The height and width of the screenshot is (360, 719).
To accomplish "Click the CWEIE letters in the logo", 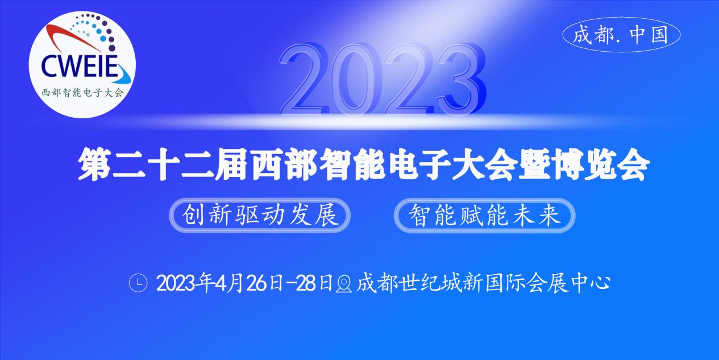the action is pyautogui.click(x=80, y=66).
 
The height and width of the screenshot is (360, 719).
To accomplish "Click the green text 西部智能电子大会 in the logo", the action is pyautogui.click(x=82, y=93).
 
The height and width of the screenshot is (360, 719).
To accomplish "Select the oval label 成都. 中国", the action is pyautogui.click(x=621, y=35).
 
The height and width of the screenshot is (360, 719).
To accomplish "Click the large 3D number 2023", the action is pyautogui.click(x=382, y=79).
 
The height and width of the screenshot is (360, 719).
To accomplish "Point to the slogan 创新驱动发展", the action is pyautogui.click(x=260, y=215).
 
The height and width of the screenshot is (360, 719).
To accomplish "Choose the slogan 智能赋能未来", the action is pyautogui.click(x=484, y=215).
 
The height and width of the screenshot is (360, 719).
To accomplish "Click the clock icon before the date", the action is pyautogui.click(x=138, y=283).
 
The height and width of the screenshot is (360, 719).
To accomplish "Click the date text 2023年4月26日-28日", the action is pyautogui.click(x=244, y=283).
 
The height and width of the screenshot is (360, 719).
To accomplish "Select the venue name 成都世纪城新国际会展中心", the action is pyautogui.click(x=483, y=283).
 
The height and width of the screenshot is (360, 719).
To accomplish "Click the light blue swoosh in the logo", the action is pyautogui.click(x=123, y=76).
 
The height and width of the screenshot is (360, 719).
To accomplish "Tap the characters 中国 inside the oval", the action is pyautogui.click(x=649, y=35).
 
